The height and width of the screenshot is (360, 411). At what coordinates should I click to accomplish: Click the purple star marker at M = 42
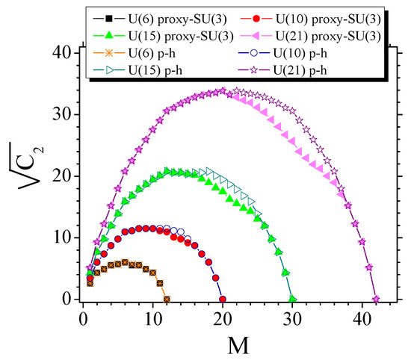(x=376, y=299)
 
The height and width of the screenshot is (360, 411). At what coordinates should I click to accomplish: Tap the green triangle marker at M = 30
(x=292, y=299)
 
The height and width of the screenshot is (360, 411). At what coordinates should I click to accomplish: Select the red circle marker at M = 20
(x=223, y=299)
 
